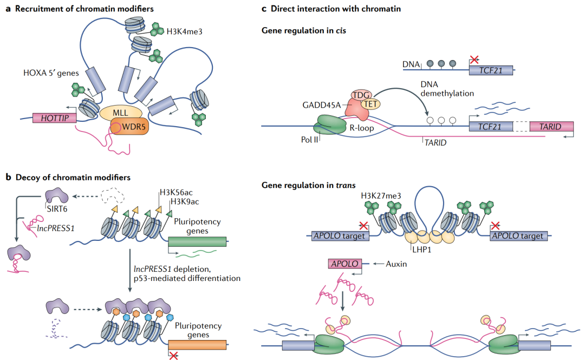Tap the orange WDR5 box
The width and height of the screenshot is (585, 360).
coord(129,130)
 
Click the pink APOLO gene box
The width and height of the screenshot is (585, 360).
coord(344,264)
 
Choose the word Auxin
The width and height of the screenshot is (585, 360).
coord(398,264)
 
